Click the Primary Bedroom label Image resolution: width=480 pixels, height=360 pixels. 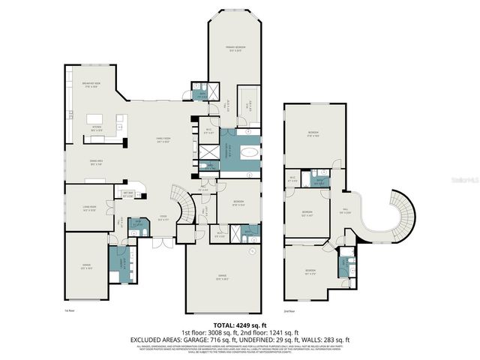236,49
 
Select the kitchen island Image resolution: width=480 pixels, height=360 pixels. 95,119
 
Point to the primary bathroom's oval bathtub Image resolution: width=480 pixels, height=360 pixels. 247,152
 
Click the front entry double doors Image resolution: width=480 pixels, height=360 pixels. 161,242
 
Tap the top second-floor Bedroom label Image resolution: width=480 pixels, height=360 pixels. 313,135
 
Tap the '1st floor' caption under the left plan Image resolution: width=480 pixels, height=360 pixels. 68,309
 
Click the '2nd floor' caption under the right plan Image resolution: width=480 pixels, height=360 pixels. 289,310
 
